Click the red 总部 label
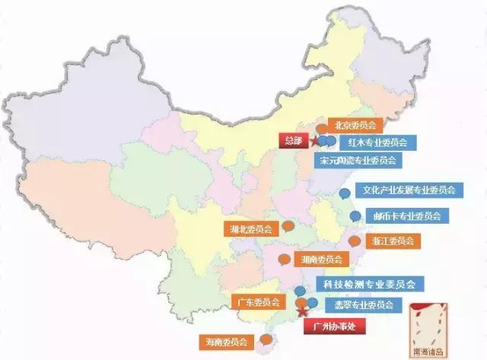tap(294, 140)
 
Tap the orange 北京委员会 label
tap(355, 125)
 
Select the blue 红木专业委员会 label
tap(377, 142)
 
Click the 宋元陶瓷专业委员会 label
tap(358, 161)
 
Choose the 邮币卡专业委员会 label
tap(406, 216)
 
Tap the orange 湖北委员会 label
tap(251, 228)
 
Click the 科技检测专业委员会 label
tap(369, 285)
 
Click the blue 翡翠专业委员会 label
tap(358, 304)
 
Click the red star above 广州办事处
tap(301, 311)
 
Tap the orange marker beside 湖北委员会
tap(288, 225)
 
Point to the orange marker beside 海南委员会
tap(265, 339)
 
